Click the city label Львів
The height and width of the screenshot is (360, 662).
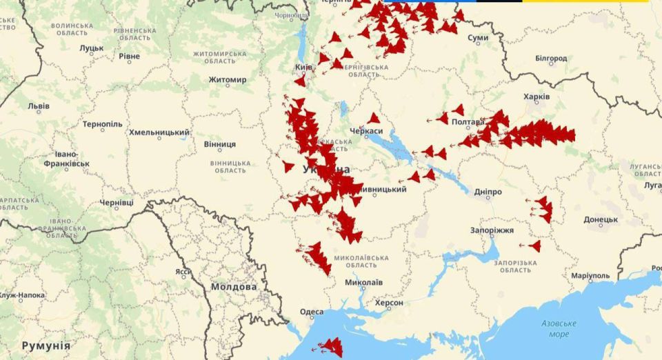pos(38,106)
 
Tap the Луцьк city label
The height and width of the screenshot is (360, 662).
pos(91,48)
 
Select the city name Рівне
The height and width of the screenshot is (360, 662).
pos(129,56)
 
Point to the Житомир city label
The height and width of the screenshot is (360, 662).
pos(228,80)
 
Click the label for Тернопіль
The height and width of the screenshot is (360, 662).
pos(102,124)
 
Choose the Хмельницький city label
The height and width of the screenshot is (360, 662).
pos(159,132)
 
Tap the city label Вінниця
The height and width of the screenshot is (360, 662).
pos(219,144)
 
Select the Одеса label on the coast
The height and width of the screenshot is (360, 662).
pos(311,312)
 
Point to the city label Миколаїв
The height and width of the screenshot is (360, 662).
pos(363,282)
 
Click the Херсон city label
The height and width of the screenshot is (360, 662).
pos(389,303)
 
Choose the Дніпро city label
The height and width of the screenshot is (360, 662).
pos(488,192)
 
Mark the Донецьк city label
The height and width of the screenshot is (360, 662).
pos(601,219)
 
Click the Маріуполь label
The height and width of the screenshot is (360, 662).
pos(590,276)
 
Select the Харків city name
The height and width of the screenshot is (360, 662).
pos(536,97)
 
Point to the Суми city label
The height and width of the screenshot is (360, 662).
pos(478,38)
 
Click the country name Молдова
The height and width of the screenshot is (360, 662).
pos(234,286)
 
